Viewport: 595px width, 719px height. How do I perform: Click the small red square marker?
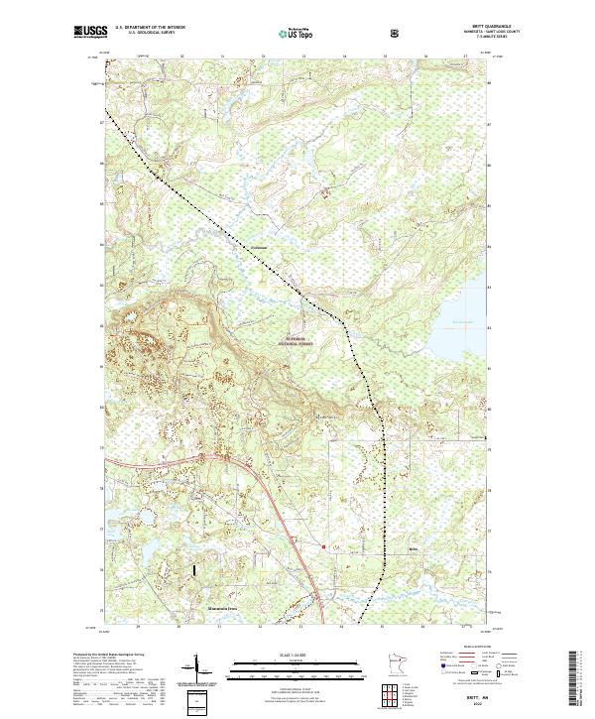pos(323,543)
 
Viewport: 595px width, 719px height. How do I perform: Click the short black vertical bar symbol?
pos(194,572)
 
